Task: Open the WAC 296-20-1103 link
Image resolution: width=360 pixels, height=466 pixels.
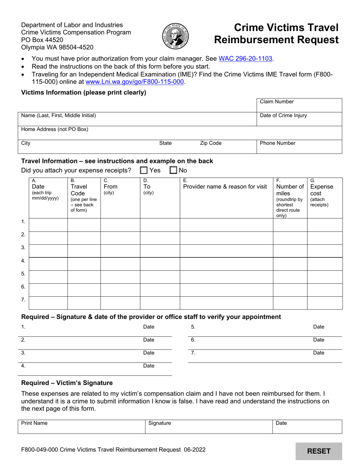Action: (246, 59)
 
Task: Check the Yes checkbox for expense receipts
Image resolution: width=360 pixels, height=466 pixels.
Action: (144, 170)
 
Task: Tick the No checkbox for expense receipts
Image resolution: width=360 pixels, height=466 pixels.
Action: (173, 170)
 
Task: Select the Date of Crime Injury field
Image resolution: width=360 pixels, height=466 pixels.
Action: (299, 119)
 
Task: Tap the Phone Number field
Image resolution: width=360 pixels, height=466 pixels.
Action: (299, 147)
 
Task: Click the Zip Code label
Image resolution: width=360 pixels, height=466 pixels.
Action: (211, 143)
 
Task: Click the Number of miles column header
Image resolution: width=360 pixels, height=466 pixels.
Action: (290, 198)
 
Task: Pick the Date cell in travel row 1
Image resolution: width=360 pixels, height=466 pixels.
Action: (48, 225)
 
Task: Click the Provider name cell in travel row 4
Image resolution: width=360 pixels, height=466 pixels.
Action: (226, 264)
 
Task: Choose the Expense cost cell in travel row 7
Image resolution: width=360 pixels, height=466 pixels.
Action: (324, 303)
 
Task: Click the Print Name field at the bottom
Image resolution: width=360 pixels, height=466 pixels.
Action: (81, 427)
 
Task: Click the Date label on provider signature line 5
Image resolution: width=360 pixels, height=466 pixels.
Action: (319, 327)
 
